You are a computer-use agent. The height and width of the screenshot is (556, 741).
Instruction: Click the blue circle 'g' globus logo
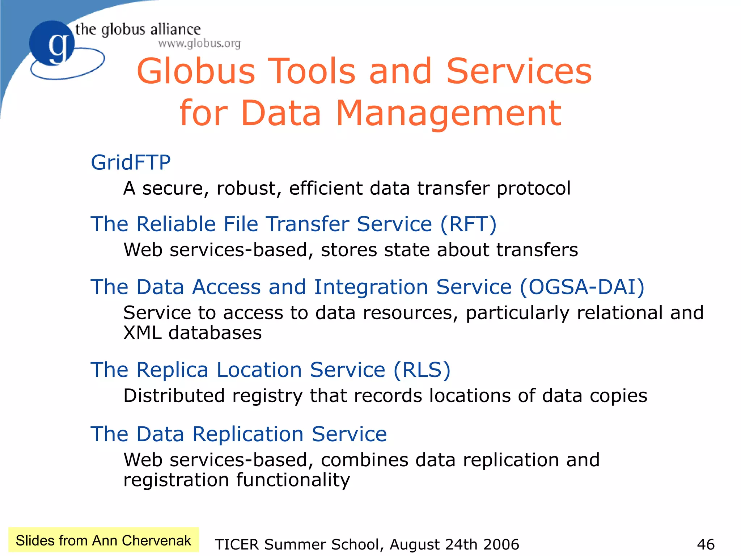(52, 43)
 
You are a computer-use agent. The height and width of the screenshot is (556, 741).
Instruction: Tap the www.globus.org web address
(199, 43)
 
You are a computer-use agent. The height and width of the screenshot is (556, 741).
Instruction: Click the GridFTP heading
(131, 162)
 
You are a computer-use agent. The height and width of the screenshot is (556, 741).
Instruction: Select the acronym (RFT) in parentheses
(469, 224)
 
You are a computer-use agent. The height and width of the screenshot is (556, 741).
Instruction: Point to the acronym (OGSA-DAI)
(582, 287)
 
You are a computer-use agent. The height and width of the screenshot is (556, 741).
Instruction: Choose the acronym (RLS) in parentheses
(422, 370)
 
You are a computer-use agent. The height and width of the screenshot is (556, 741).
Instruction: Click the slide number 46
(706, 544)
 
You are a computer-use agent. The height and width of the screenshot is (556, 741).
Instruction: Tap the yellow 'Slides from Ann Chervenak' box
(103, 540)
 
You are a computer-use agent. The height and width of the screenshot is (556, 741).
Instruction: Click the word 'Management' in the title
(449, 113)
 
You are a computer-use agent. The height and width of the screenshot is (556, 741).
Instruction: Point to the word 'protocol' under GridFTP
(534, 189)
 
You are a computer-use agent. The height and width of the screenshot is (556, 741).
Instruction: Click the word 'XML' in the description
(142, 333)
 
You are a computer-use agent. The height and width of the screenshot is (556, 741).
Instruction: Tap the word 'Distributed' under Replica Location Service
(174, 396)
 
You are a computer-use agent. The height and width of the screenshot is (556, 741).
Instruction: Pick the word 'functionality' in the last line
(293, 480)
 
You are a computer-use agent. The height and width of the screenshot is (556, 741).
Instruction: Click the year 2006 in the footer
(501, 544)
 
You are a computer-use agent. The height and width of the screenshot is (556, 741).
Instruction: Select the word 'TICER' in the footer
(237, 544)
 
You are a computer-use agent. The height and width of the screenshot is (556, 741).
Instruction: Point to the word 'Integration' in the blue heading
(371, 287)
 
